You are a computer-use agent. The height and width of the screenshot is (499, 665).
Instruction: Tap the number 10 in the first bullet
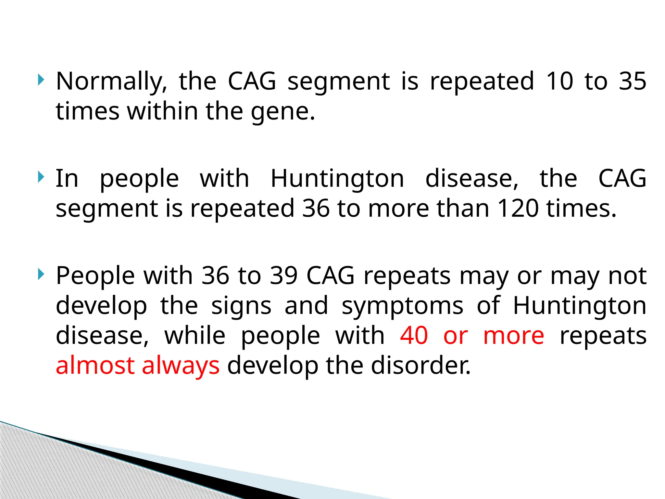point(559,81)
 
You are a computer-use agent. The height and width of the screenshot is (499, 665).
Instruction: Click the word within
point(162,111)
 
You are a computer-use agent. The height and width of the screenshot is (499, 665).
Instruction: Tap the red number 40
point(414,336)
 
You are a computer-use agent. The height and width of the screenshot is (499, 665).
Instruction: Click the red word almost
point(95,365)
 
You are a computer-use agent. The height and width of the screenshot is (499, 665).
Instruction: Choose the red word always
point(181,365)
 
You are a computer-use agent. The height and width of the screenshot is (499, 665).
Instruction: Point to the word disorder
point(421,365)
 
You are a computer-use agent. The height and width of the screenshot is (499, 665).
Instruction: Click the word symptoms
point(402,306)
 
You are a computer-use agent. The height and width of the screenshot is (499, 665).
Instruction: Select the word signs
point(241,306)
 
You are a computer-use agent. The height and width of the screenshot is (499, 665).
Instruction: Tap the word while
point(195,336)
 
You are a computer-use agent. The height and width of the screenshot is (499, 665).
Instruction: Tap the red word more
point(514,336)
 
